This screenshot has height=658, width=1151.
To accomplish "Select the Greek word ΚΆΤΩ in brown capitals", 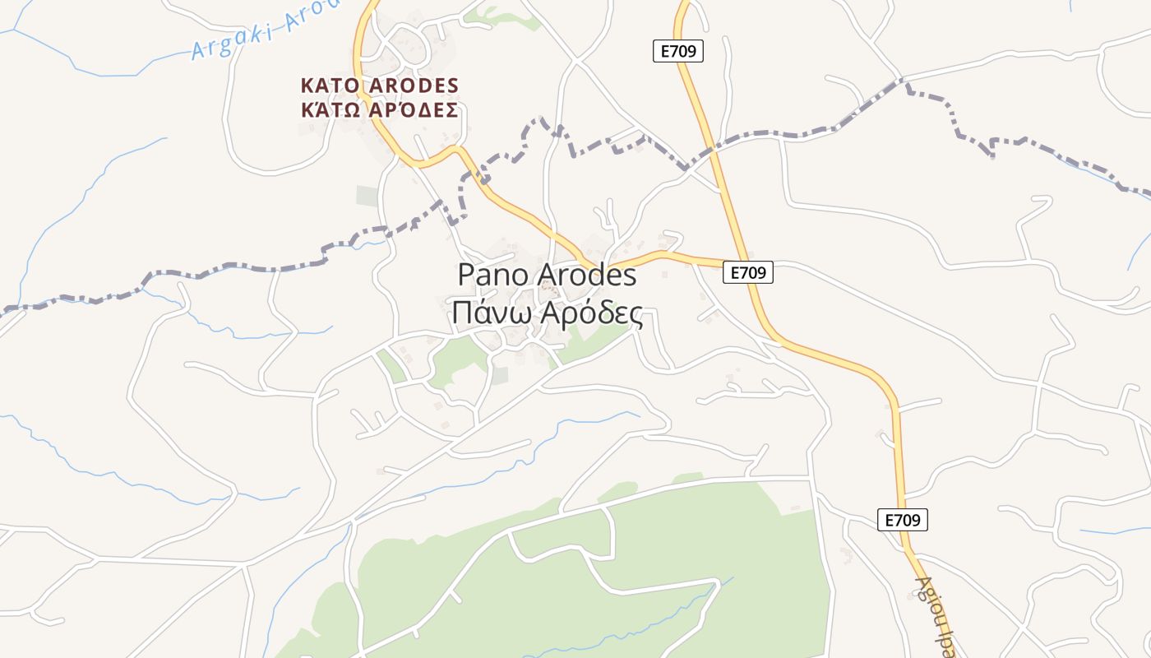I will pos(326,110).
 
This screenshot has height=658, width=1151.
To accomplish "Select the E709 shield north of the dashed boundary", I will pos(678,51).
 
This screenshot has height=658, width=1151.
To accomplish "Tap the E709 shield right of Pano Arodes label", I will pos(747,272).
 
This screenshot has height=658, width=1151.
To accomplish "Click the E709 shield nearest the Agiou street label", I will pos(902,520).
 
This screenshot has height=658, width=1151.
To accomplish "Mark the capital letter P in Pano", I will pos(465,275).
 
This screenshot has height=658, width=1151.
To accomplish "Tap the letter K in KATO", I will pos(307,86).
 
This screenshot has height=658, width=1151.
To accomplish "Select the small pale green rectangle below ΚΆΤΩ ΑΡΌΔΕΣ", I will pos(367,196).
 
